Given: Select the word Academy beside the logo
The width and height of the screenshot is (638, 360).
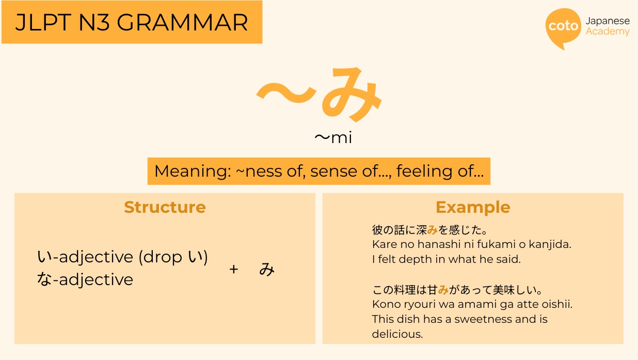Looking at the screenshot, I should tap(608, 32).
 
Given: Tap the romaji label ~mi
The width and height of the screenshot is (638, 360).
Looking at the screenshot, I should tap(333, 138).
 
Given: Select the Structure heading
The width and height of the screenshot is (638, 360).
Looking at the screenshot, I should tap(165, 207).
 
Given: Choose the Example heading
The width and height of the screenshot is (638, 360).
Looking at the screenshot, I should tap(473, 207).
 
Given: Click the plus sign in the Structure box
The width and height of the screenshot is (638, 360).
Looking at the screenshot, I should tap(234, 269).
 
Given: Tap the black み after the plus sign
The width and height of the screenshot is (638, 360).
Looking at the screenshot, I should tap(267, 269).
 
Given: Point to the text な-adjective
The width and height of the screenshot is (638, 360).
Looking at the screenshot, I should tap(85, 279).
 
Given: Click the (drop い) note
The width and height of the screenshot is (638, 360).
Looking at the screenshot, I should tap(173, 257).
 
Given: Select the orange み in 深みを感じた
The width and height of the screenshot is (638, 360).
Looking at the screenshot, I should tap(432, 230).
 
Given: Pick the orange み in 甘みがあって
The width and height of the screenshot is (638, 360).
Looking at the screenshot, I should tap(443, 290).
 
